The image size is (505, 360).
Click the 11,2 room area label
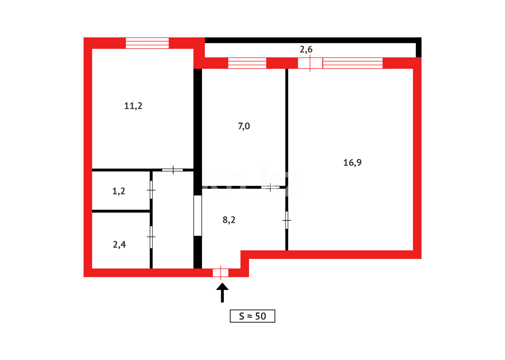coord(133,106)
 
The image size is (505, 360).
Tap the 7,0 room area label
coord(244,126)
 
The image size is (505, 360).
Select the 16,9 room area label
coord(352,163)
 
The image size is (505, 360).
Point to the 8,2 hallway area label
coord(229,220)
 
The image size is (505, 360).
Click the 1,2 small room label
coord(119,191)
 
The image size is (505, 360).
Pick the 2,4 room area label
coord(119,245)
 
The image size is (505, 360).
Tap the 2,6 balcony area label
coord(306,50)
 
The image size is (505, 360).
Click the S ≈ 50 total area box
coord(252,316)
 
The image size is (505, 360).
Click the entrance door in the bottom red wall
coord(221,273)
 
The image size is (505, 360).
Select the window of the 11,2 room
coord(147,43)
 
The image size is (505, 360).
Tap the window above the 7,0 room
coord(247,63)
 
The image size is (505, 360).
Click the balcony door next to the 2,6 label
coord(310,63)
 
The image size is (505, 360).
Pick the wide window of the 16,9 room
coord(352,63)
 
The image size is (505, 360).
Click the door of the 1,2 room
coord(151,190)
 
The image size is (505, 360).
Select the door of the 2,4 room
coord(151,237)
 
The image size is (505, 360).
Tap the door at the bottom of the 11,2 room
coord(173,170)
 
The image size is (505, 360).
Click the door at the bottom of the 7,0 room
coord(270,187)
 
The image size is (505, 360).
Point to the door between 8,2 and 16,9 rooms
coord(286,220)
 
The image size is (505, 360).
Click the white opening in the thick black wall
coord(198,216)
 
